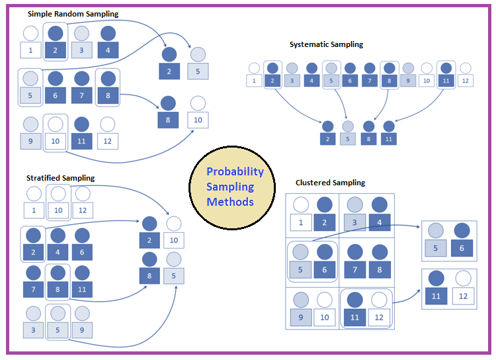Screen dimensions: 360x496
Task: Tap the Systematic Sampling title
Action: tap(326, 44)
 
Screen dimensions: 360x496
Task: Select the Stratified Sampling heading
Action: tap(60, 178)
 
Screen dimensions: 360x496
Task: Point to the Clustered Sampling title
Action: tap(330, 183)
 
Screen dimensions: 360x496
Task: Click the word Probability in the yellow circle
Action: tap(235, 172)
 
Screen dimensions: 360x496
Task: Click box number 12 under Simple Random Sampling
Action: tap(108, 141)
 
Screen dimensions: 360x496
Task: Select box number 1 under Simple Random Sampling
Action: tap(30, 50)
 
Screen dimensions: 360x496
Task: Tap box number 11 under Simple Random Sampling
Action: tap(82, 141)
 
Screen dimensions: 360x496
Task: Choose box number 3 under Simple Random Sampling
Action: tap(82, 50)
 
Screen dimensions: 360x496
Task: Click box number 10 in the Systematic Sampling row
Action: tap(427, 81)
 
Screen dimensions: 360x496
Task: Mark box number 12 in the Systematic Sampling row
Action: tap(465, 81)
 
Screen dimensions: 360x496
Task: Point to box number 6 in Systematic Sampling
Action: tap(351, 81)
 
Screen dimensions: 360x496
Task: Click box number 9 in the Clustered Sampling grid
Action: tap(301, 318)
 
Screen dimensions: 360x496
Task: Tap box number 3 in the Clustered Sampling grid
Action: tap(354, 223)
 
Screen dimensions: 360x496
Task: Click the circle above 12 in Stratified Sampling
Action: tap(82, 195)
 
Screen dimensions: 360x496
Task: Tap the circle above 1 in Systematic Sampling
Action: tap(254, 67)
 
